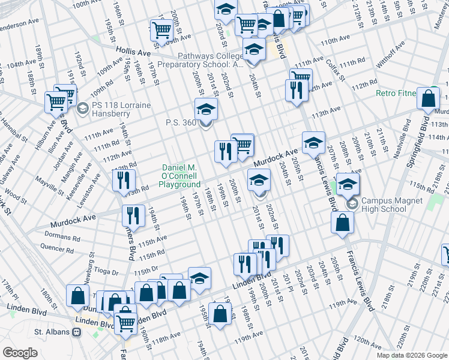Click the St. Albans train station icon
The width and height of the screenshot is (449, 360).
[x=76, y=332]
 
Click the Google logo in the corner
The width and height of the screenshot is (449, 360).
[x=20, y=353]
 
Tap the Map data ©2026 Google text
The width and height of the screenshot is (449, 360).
[x=411, y=355]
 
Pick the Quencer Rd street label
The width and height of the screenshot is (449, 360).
[x=56, y=247]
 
